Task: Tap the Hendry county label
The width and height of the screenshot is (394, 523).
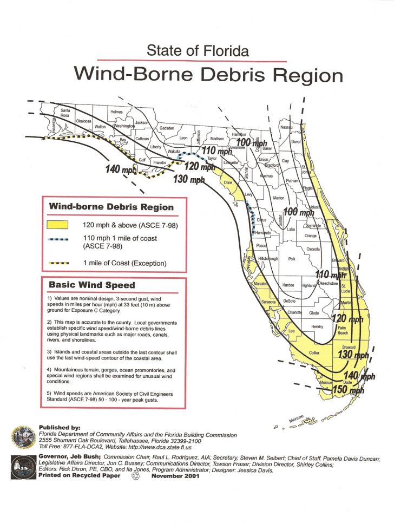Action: coord(317,327)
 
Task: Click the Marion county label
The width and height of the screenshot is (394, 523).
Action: coord(279,198)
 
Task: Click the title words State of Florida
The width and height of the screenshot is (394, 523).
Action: coord(198,51)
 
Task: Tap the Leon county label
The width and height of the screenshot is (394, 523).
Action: coord(183,138)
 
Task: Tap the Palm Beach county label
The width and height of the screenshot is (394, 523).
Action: coord(342,331)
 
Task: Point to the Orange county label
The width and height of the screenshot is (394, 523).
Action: coord(311,236)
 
